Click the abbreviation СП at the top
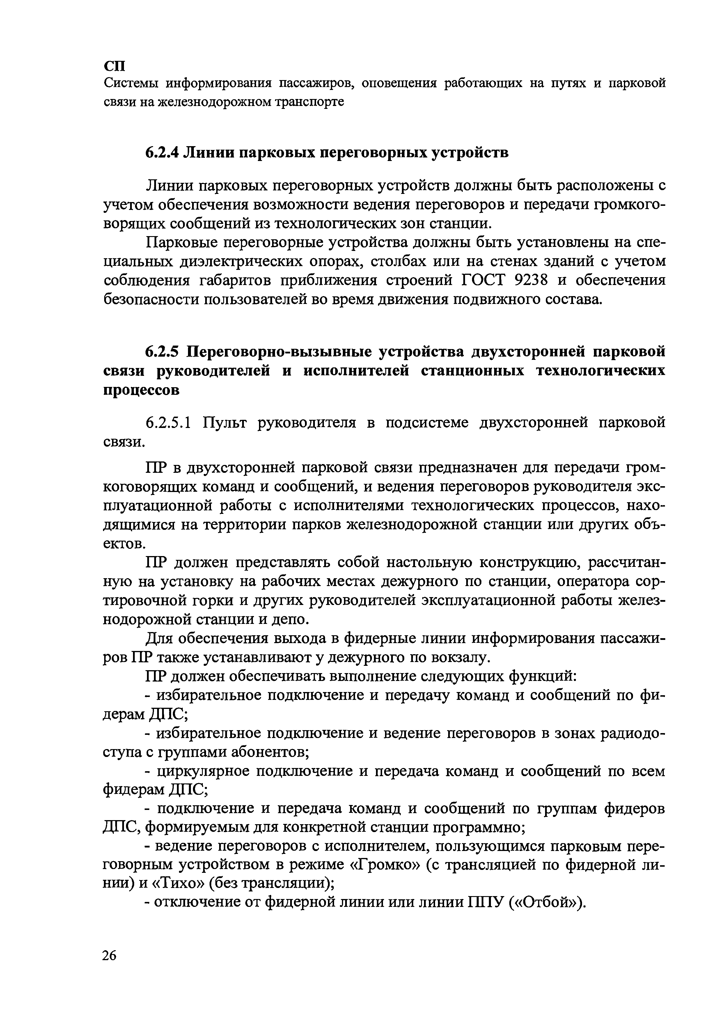(x=114, y=66)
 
